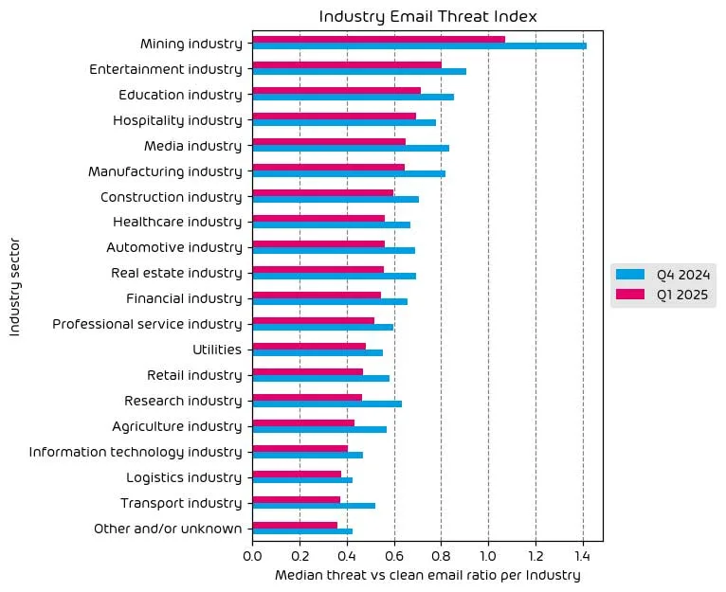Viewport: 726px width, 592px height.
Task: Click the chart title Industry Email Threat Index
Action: coord(427,16)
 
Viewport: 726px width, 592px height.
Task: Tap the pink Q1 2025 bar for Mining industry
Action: coord(378,39)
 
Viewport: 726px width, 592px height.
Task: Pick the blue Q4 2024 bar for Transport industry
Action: coord(314,506)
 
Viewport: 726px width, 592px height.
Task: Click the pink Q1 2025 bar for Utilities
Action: coord(309,346)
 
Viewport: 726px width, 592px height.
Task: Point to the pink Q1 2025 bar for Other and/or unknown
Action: coord(295,525)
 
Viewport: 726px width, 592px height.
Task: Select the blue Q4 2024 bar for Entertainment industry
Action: coord(359,71)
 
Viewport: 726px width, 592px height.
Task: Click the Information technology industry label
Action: coord(136,452)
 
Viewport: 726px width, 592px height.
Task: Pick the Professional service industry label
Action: coord(147,324)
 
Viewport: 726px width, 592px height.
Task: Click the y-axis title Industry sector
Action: coord(14,284)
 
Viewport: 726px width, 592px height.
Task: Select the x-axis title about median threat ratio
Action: coord(427,575)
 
